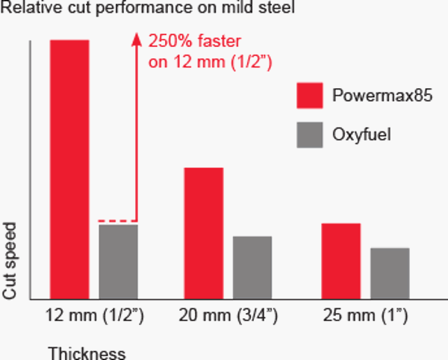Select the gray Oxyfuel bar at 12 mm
(118, 261)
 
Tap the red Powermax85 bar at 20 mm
(203, 234)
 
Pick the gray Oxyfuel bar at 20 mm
(252, 267)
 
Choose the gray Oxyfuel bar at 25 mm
(389, 273)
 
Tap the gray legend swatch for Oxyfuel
(309, 135)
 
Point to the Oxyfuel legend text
(361, 135)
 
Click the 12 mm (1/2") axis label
(94, 316)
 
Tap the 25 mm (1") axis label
(365, 316)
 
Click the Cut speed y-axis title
(10, 260)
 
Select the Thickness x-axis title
(87, 353)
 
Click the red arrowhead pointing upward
(136, 37)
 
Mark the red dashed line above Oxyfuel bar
(116, 221)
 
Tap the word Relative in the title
(28, 10)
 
